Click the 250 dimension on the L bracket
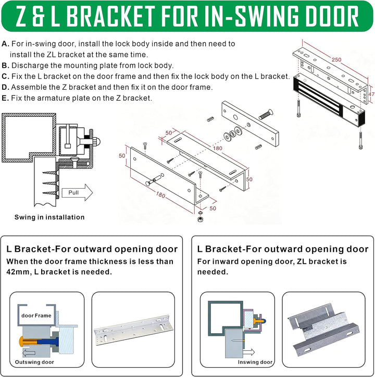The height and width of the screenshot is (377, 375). (336, 59)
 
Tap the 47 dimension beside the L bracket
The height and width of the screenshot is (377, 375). (371, 94)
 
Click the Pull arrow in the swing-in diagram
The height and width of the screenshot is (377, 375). (77, 192)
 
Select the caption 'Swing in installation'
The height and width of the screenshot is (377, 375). (49, 217)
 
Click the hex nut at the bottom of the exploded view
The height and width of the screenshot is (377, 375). (199, 219)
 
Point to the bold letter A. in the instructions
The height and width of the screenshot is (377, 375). (5, 44)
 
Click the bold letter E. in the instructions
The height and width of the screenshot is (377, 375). (5, 98)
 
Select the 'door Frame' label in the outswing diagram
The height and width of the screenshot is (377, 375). (36, 315)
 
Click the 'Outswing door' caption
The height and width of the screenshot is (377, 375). (34, 362)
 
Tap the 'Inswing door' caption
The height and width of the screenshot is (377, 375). (255, 362)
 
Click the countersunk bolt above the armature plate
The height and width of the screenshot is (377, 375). (266, 114)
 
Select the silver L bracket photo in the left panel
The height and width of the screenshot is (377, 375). (133, 330)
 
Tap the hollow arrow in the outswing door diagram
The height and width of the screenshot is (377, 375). (29, 353)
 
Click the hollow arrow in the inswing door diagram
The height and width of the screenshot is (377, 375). (249, 352)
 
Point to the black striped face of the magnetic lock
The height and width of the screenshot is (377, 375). (318, 96)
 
